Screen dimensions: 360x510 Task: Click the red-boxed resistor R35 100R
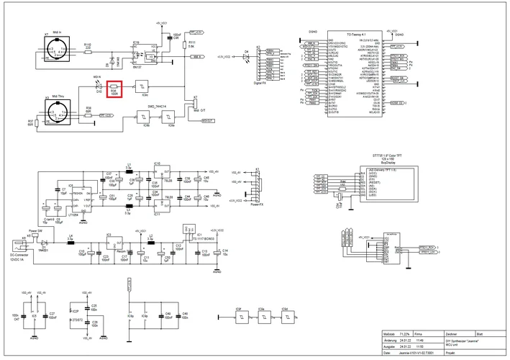tap(113, 89)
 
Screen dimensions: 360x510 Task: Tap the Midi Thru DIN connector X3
tap(56, 114)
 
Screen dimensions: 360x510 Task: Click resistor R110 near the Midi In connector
tap(88, 50)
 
